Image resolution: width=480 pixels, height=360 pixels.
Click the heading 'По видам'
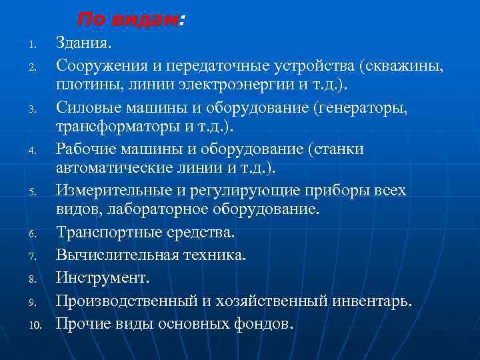click(127, 20)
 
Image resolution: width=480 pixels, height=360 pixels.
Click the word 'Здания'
click(83, 44)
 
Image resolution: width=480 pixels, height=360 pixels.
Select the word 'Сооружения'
click(95, 67)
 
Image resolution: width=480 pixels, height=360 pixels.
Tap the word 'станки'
click(337, 149)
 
